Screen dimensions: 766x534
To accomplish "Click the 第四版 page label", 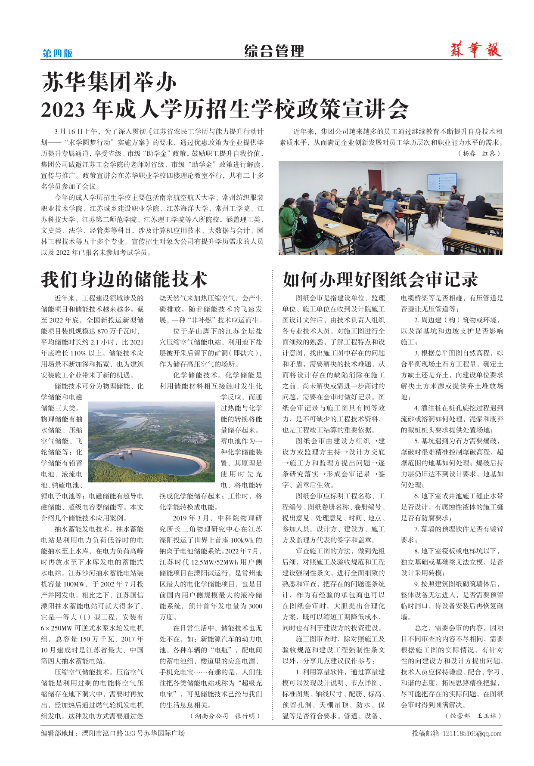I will (57, 53).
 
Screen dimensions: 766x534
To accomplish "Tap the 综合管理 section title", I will (274, 51).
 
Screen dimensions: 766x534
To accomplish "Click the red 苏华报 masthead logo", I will (476, 50).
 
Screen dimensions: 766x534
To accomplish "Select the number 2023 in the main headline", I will (63, 109).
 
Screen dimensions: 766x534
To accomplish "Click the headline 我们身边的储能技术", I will (124, 279).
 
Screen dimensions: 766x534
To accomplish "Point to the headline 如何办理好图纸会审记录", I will (380, 279).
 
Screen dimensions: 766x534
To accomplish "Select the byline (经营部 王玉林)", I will (473, 716).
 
